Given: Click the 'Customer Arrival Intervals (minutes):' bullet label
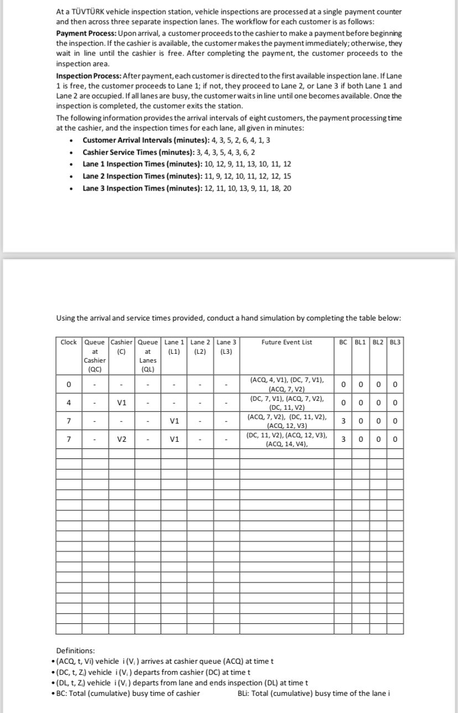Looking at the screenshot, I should [142, 139].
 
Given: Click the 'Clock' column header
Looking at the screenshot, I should [69, 342].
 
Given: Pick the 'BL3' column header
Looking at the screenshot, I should [395, 342].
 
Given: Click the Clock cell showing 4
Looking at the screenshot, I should [69, 402].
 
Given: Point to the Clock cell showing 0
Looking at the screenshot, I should [69, 384].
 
